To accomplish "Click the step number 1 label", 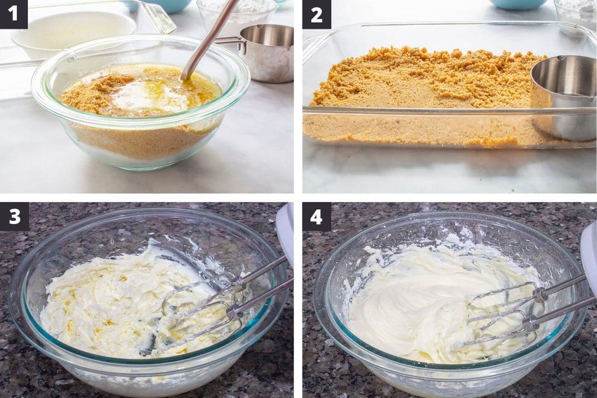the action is click(x=13, y=14).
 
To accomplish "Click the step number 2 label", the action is click(x=316, y=14).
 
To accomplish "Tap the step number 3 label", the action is click(x=14, y=216).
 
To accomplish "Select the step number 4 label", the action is click(x=316, y=216).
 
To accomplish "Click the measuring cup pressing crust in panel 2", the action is click(x=564, y=98).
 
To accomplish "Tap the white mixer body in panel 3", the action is click(x=285, y=235).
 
